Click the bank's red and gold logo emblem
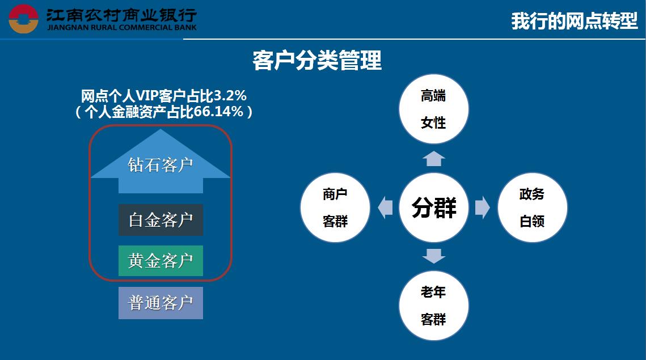tap(23, 19)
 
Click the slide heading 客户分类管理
tap(317, 61)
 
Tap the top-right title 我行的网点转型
tap(575, 21)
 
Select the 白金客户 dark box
tap(161, 220)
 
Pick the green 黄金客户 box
tap(161, 261)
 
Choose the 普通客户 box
tap(161, 303)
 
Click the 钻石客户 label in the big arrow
tap(161, 165)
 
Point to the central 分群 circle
tap(434, 207)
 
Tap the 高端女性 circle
tap(434, 109)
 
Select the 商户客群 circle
tap(335, 207)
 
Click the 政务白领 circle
tap(533, 207)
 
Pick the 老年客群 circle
tap(434, 306)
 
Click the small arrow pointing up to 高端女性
tap(434, 159)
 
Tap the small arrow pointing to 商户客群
tap(385, 207)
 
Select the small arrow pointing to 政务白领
tap(483, 207)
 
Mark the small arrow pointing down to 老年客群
tap(434, 256)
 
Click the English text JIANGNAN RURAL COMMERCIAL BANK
tap(122, 28)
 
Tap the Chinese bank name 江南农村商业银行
tap(121, 15)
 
